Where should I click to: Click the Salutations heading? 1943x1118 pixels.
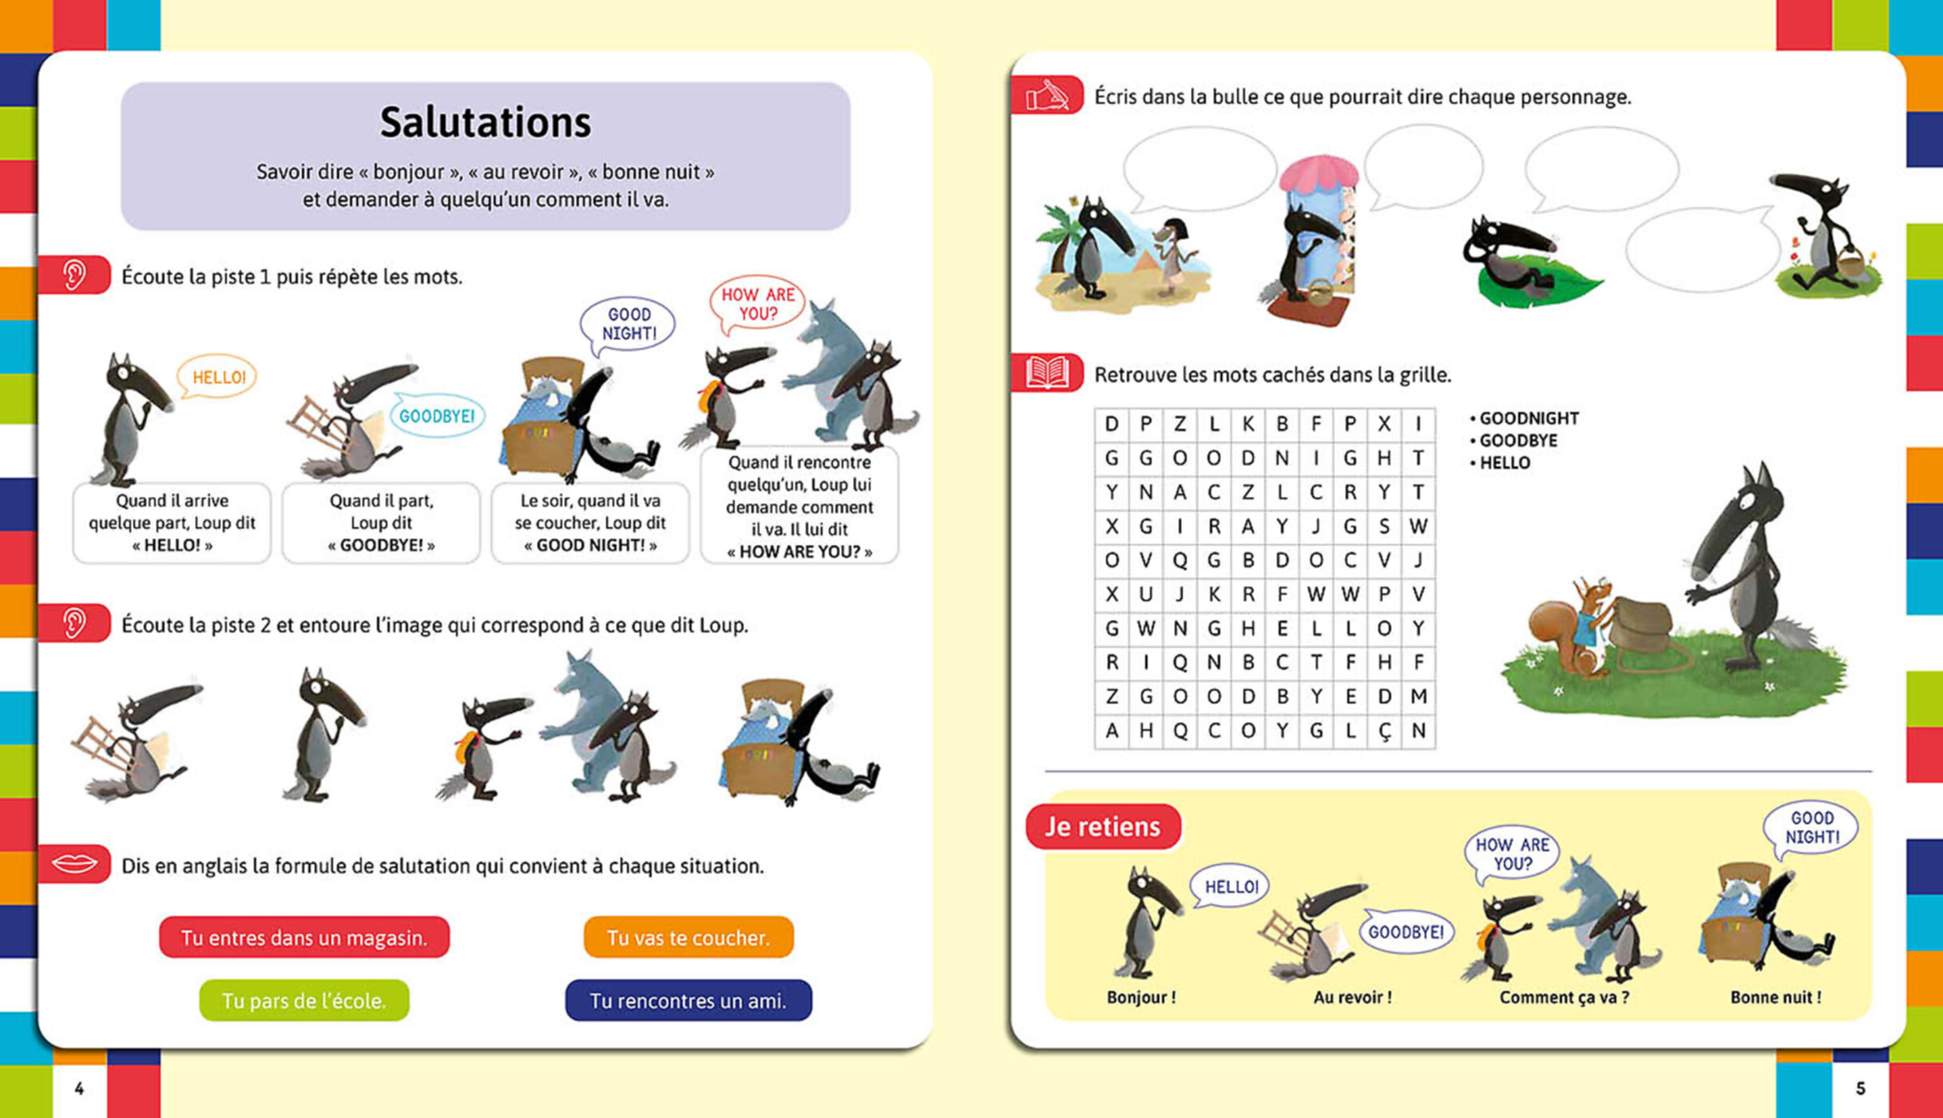[x=485, y=122]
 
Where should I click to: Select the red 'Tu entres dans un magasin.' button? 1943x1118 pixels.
[x=303, y=937]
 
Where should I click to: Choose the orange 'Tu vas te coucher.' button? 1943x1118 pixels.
[x=688, y=937]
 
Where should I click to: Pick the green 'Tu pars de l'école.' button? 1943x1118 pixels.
[x=303, y=1001]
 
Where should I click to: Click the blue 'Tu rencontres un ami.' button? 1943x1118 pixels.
[x=688, y=1001]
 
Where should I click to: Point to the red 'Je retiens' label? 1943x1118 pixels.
[x=1102, y=827]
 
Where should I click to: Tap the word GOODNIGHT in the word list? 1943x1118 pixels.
[x=1529, y=418]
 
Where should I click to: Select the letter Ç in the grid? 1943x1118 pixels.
[x=1384, y=731]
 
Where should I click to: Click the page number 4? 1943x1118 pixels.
[x=78, y=1088]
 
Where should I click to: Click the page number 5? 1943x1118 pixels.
[x=1860, y=1088]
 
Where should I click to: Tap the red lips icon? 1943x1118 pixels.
[x=74, y=864]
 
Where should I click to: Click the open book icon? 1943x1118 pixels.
[x=1047, y=373]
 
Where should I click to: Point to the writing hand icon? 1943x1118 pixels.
[x=1047, y=96]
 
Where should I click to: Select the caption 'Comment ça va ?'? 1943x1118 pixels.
[x=1564, y=997]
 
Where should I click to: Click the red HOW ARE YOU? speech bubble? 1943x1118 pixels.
[x=757, y=303]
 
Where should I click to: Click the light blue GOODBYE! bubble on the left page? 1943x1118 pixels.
[x=436, y=416]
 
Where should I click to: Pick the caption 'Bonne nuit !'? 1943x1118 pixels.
[x=1775, y=997]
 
